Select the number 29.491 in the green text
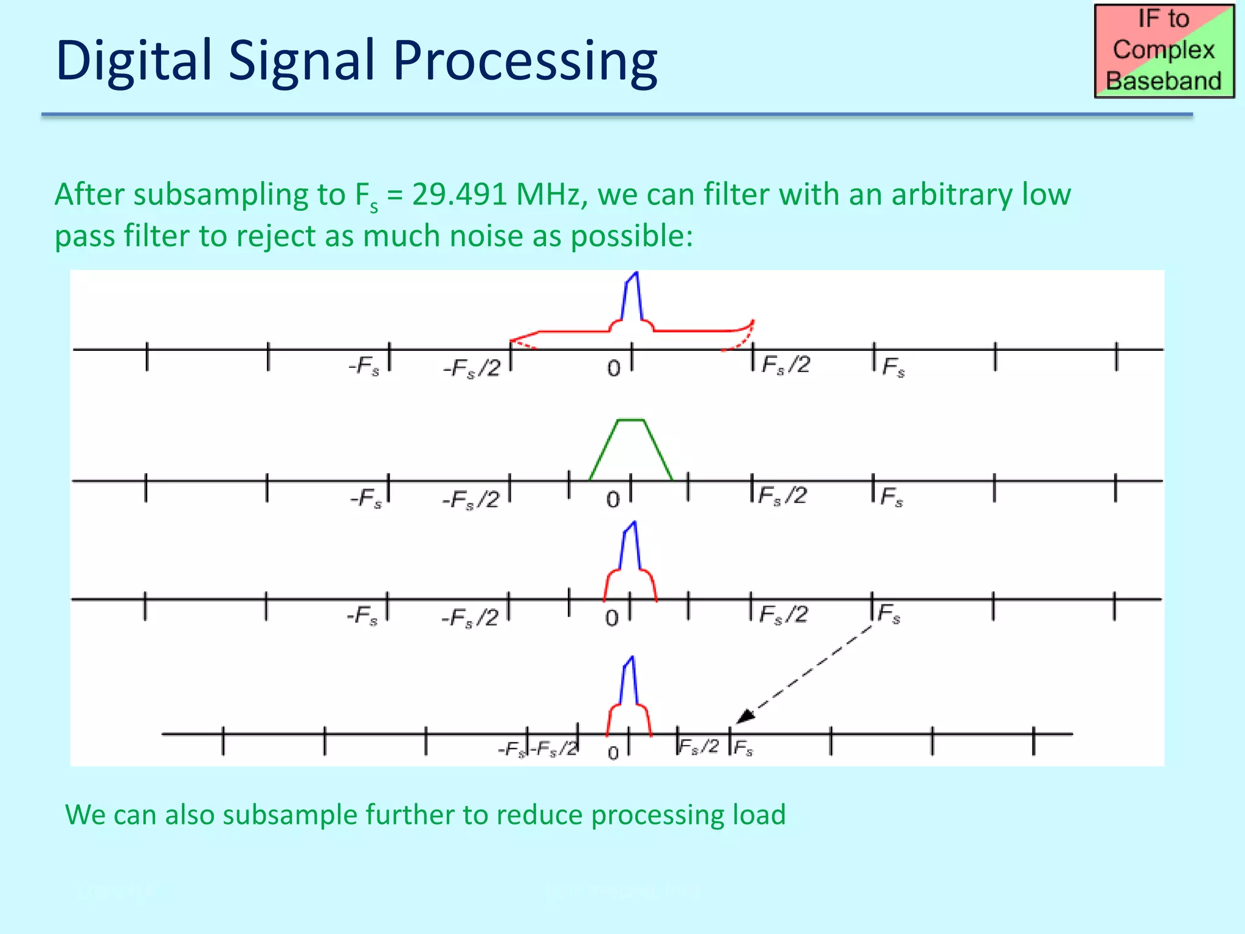click(459, 195)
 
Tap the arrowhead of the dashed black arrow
click(745, 717)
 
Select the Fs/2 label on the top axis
click(785, 365)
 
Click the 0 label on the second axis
click(613, 500)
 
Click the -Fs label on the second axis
click(366, 498)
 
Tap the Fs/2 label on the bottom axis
click(698, 746)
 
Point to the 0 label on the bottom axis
click(613, 753)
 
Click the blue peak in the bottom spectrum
click(630, 681)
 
